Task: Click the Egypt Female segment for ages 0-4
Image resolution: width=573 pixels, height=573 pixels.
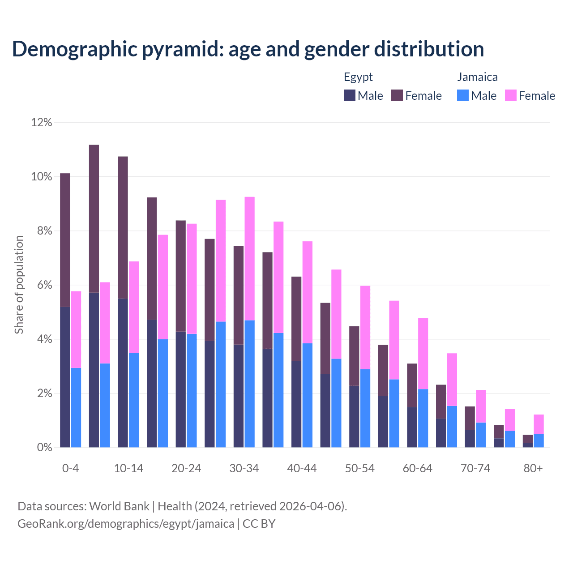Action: (65, 240)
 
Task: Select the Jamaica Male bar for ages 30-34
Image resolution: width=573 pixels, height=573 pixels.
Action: (250, 384)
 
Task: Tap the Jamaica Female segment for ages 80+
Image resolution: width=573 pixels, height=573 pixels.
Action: (539, 424)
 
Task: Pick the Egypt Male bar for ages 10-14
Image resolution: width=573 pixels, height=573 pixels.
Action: (123, 373)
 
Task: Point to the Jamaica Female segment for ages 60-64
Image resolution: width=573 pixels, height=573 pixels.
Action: (423, 354)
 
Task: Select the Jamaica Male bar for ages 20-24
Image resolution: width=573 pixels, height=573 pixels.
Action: (192, 390)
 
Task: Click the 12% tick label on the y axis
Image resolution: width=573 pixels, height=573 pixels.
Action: (42, 122)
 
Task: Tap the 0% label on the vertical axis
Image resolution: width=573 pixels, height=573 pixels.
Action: (44, 448)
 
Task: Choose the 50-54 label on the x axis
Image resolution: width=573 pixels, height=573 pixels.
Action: (360, 469)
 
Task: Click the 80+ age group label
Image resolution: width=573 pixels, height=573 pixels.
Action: (533, 469)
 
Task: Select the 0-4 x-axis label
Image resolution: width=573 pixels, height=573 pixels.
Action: (71, 469)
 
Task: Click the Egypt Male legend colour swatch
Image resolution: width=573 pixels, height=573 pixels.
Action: (349, 95)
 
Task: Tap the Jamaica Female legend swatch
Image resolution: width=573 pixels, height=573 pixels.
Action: (510, 95)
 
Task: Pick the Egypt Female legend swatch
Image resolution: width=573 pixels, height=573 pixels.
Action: (397, 95)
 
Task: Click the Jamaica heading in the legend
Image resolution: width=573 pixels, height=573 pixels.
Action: (477, 77)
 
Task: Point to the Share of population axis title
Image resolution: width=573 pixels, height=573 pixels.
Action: (19, 285)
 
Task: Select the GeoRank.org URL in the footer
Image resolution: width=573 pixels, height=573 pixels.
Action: (126, 523)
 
